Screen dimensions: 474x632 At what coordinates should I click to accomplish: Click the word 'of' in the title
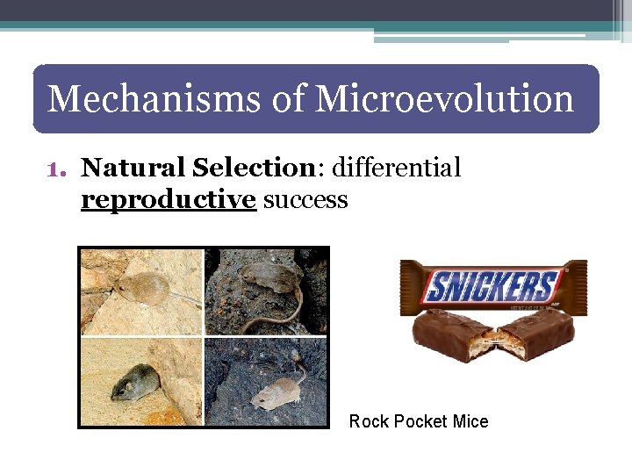[x=287, y=98]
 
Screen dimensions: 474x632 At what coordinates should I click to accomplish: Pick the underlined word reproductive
[x=168, y=200]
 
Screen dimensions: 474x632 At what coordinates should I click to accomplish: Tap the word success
[x=305, y=200]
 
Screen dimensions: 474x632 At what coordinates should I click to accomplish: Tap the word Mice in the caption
[x=470, y=421]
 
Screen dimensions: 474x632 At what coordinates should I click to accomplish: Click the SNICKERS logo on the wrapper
[x=492, y=286]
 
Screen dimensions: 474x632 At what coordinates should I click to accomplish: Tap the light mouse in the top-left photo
[x=143, y=287]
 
